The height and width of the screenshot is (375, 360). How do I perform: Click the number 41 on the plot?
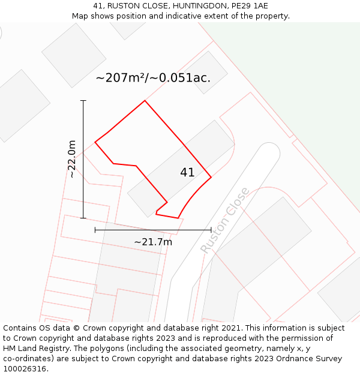click(187, 173)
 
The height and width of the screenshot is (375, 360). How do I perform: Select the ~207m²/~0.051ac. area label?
click(153, 78)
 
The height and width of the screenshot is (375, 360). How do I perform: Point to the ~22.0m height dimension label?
click(72, 159)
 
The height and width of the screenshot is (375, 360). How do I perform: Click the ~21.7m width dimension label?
click(153, 242)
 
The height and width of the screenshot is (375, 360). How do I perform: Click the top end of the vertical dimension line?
click(83, 100)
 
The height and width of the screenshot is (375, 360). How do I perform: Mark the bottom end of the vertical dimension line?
click(83, 218)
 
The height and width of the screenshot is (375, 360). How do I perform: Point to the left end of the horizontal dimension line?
click(95, 230)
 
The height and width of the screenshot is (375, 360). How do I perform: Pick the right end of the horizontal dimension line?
click(211, 230)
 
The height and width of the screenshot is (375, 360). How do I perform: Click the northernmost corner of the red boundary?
click(145, 100)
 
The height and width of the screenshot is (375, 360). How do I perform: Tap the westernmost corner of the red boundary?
click(95, 142)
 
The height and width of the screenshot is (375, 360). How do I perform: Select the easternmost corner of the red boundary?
click(211, 177)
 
